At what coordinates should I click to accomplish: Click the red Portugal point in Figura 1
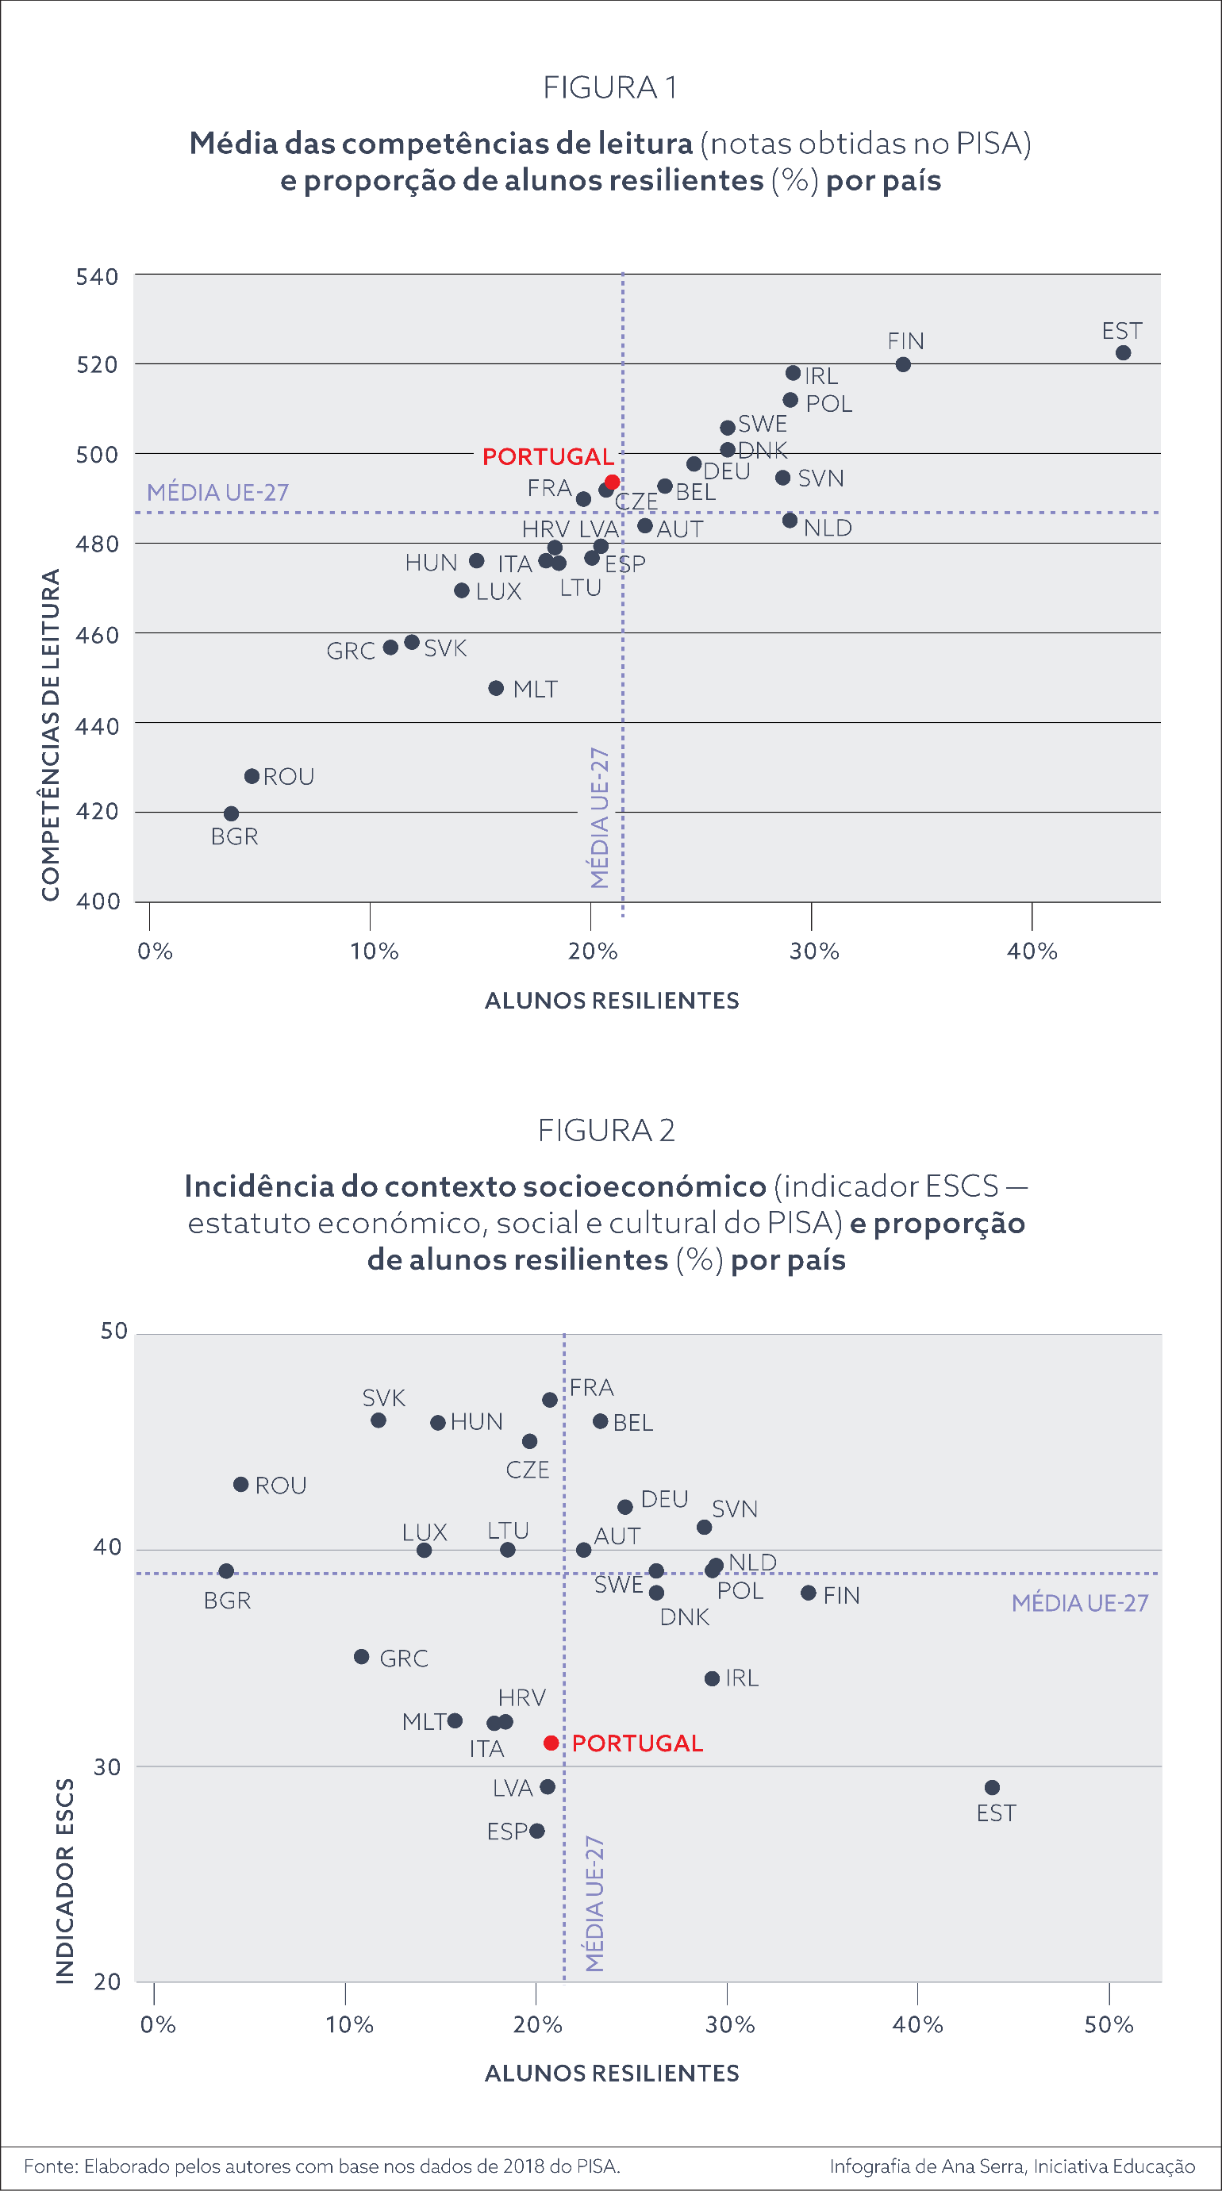(x=612, y=482)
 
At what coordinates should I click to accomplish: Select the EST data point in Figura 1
(x=1124, y=353)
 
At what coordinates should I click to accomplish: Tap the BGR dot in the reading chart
(x=231, y=814)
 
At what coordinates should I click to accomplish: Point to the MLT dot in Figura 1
(x=497, y=688)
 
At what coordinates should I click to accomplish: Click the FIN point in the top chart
(x=903, y=365)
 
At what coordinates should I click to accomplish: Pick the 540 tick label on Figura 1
(x=97, y=277)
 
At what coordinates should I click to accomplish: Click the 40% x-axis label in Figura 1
(x=1032, y=951)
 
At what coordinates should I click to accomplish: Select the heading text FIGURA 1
(x=609, y=87)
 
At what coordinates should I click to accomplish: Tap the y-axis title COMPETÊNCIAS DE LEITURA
(x=51, y=735)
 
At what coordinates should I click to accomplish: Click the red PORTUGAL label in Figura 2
(x=638, y=1743)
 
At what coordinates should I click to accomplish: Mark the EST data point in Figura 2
(x=993, y=1788)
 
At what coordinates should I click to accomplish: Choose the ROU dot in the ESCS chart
(x=241, y=1485)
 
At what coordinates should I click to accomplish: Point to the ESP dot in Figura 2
(x=536, y=1832)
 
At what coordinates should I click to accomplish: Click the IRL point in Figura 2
(x=713, y=1679)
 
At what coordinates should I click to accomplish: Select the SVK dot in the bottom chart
(x=379, y=1420)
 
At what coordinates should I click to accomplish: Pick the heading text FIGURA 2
(x=606, y=1130)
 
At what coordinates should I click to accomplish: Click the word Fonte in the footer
(x=50, y=2166)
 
